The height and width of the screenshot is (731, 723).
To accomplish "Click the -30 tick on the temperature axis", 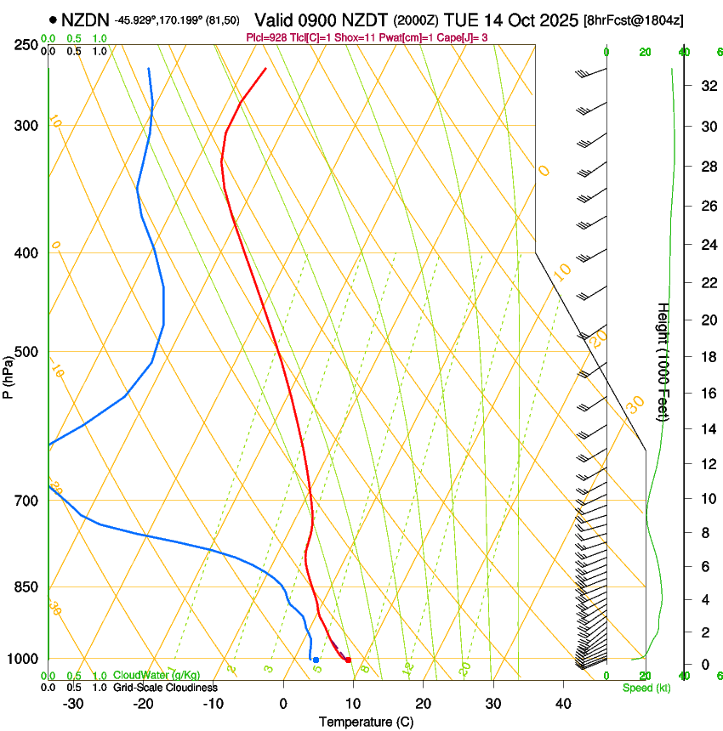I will point(73,703).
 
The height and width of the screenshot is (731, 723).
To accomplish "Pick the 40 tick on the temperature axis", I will point(563,703).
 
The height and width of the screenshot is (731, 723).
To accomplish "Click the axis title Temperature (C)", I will point(366,722).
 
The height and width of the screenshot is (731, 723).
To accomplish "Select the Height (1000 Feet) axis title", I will point(663,361).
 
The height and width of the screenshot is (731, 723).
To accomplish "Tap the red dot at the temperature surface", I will point(348,660).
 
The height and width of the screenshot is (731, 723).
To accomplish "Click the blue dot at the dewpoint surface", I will point(316,660).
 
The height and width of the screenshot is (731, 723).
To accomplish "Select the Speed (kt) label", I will point(646,688).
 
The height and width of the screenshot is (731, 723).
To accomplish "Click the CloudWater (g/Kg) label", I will point(157,676).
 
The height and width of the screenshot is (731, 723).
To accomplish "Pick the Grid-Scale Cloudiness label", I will point(164,688).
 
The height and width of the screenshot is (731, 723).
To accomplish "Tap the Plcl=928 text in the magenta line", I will point(266,37).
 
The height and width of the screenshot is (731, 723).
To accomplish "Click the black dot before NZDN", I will point(54,20).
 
